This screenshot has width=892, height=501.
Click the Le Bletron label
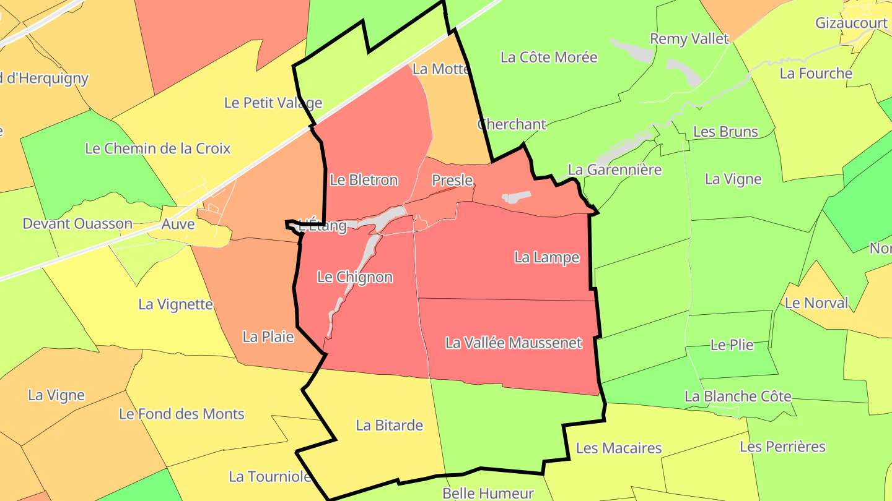pyautogui.click(x=364, y=180)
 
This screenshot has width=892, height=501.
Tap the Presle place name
pyautogui.click(x=452, y=180)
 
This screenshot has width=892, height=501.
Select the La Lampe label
pyautogui.click(x=547, y=257)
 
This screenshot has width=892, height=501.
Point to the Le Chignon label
pyautogui.click(x=355, y=276)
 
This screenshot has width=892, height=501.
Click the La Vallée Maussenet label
pyautogui.click(x=514, y=342)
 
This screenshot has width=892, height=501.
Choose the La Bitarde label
pyautogui.click(x=389, y=425)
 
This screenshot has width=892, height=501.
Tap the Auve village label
pyautogui.click(x=178, y=223)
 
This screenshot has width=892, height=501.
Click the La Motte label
pyautogui.click(x=441, y=69)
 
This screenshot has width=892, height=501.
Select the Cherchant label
pyautogui.click(x=512, y=124)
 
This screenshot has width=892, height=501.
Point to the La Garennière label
pyautogui.click(x=614, y=169)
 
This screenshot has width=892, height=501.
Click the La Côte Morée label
pyautogui.click(x=549, y=57)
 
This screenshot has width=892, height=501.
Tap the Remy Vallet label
pyautogui.click(x=689, y=38)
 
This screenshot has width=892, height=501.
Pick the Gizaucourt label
pyautogui.click(x=851, y=23)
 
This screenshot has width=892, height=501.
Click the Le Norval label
pyautogui.click(x=816, y=303)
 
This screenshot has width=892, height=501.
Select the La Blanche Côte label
pyautogui.click(x=738, y=396)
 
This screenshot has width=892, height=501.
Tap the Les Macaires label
pyautogui.click(x=619, y=448)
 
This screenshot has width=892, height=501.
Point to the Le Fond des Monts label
pyautogui.click(x=181, y=414)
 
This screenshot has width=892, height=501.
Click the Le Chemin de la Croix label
pyautogui.click(x=157, y=148)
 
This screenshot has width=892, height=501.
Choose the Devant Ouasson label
pyautogui.click(x=77, y=223)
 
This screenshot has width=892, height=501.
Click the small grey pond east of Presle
pyautogui.click(x=516, y=197)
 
